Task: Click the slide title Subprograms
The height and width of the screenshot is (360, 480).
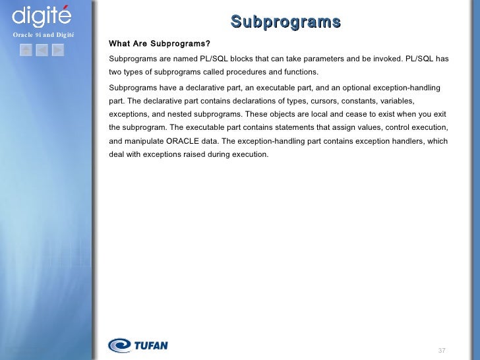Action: [285, 22]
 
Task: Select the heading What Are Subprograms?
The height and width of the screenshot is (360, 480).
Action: [160, 44]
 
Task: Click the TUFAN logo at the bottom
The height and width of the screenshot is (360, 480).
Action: [138, 345]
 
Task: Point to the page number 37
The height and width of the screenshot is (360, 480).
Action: [442, 349]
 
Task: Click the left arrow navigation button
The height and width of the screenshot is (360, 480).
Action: [42, 49]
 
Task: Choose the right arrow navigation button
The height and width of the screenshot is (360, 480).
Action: [57, 49]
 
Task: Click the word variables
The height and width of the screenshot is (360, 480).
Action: [398, 101]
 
